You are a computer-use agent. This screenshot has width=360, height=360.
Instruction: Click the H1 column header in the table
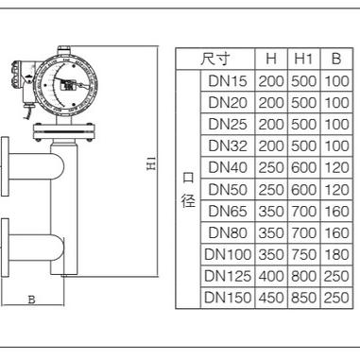[x=303, y=59]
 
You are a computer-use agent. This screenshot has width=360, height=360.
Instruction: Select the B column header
[x=336, y=59]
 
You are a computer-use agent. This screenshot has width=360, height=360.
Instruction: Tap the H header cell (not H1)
[x=271, y=59]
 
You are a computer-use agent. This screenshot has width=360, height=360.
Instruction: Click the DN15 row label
[x=228, y=81]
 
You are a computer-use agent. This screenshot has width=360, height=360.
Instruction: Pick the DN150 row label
[x=228, y=298]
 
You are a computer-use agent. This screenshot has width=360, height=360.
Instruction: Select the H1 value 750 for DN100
[x=303, y=254]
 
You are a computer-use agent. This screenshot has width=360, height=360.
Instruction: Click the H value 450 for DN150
[x=271, y=298]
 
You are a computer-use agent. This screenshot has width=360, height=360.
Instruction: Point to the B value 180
[x=336, y=254]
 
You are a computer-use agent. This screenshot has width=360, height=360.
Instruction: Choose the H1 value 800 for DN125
[x=303, y=276]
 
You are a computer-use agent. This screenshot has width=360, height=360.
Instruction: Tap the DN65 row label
[x=228, y=211]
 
